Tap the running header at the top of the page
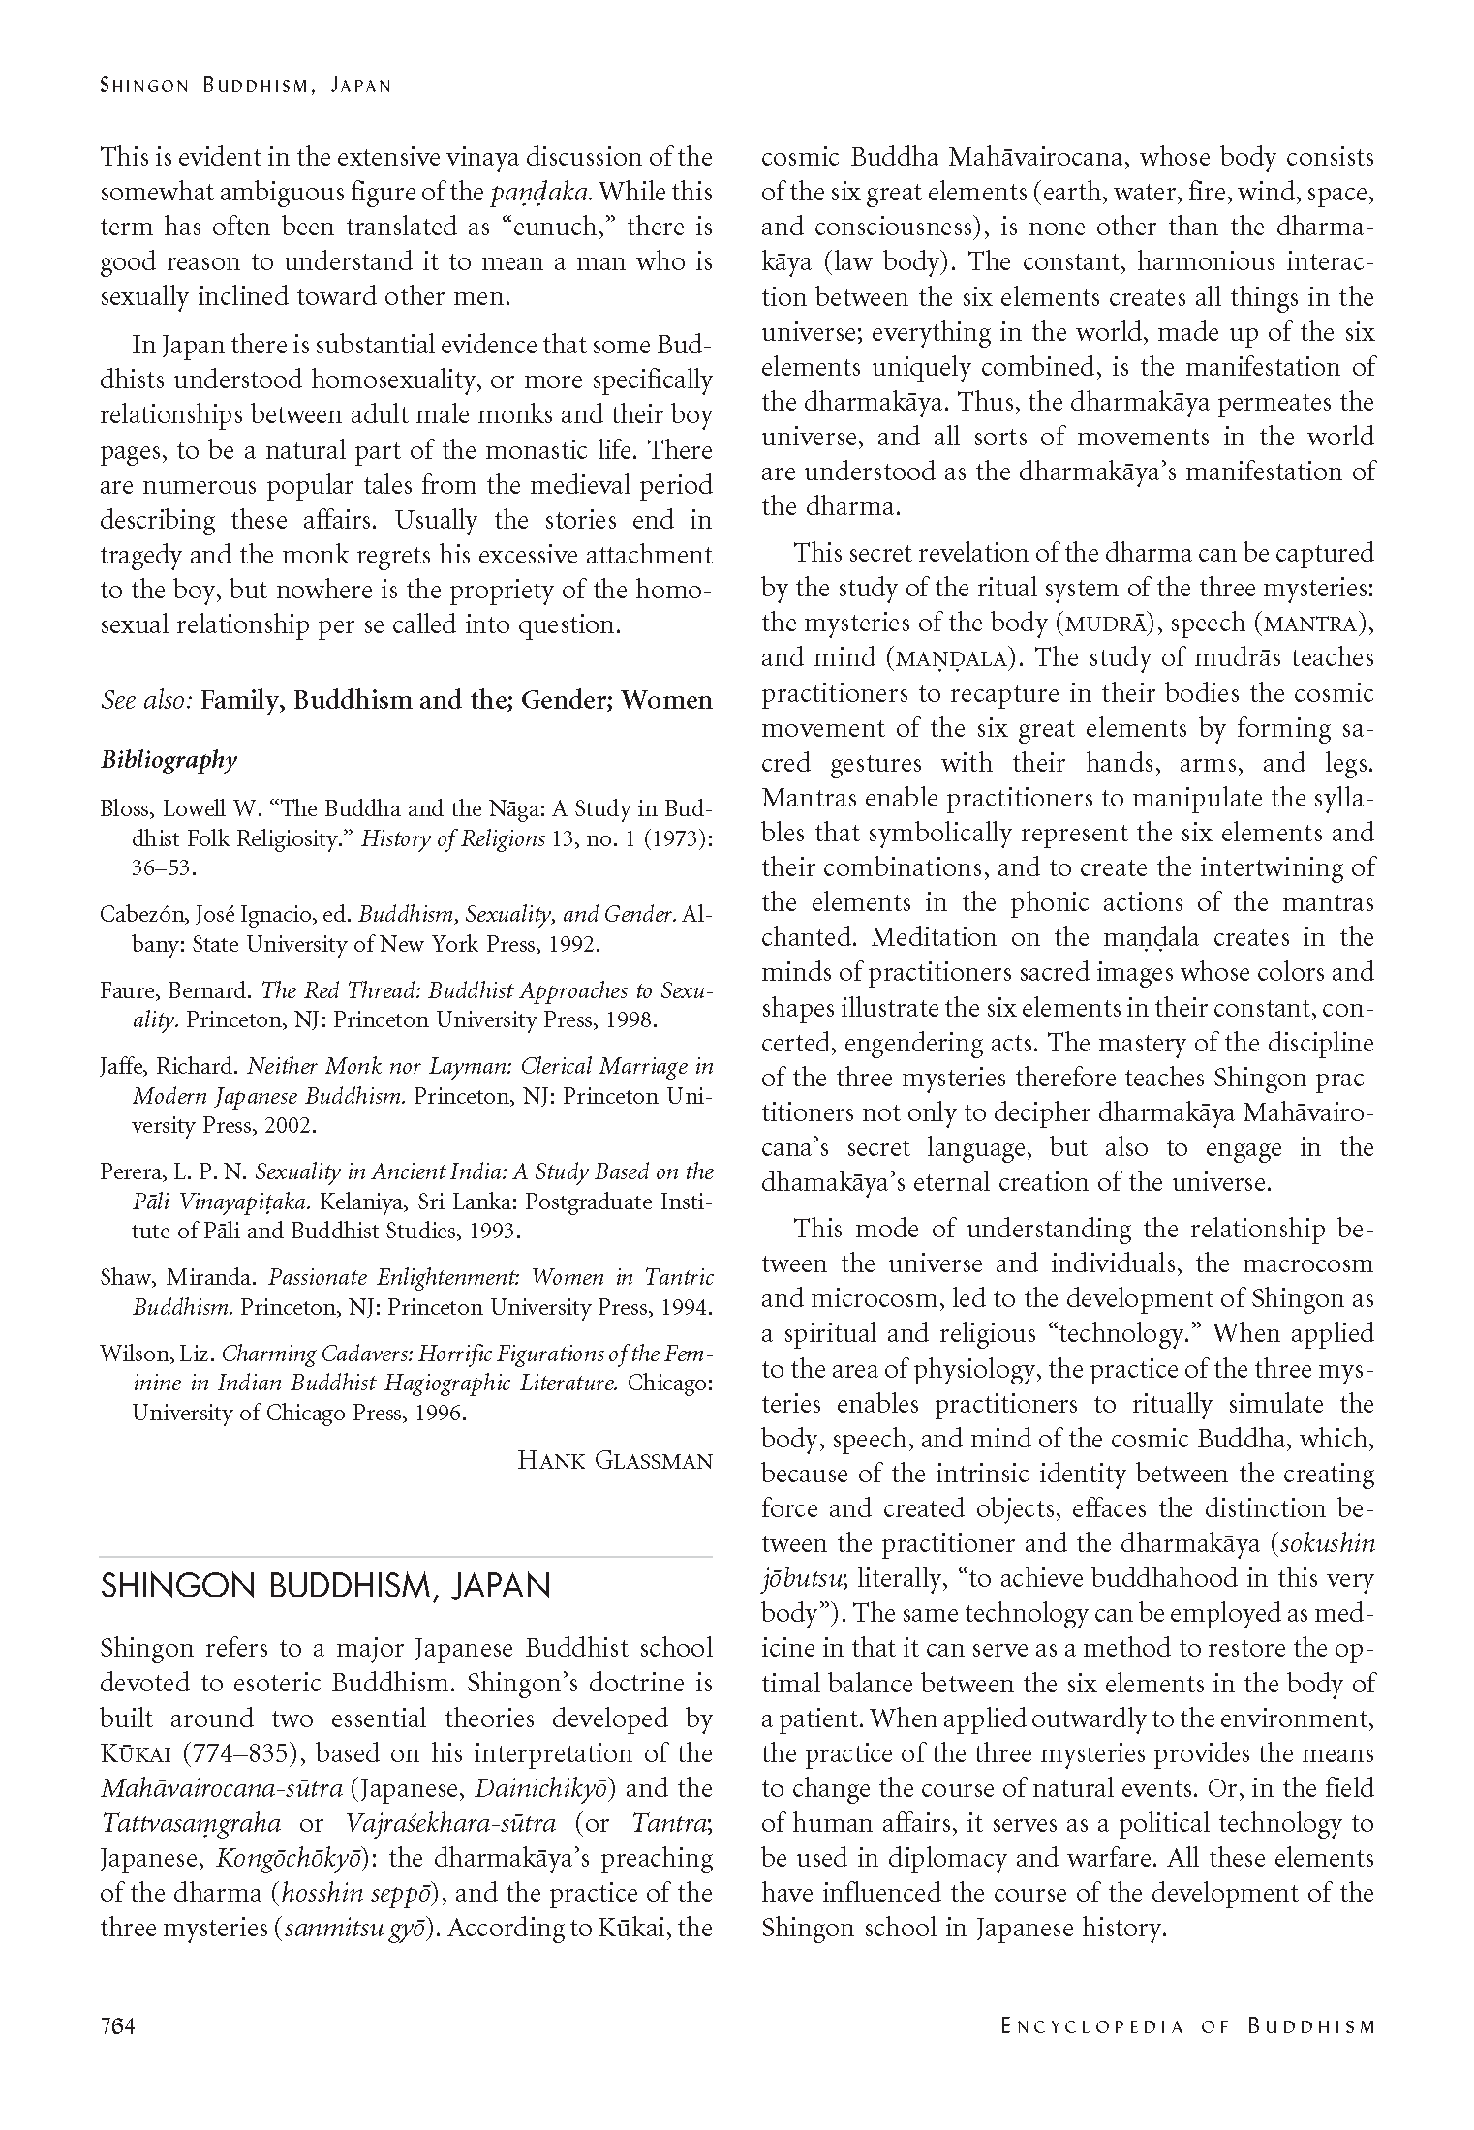tap(246, 85)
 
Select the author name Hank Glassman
tap(615, 1460)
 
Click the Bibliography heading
tap(169, 760)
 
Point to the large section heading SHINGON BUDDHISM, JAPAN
tap(325, 1586)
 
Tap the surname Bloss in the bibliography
tap(123, 808)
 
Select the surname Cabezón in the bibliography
tap(138, 914)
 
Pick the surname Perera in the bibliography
tap(128, 1172)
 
